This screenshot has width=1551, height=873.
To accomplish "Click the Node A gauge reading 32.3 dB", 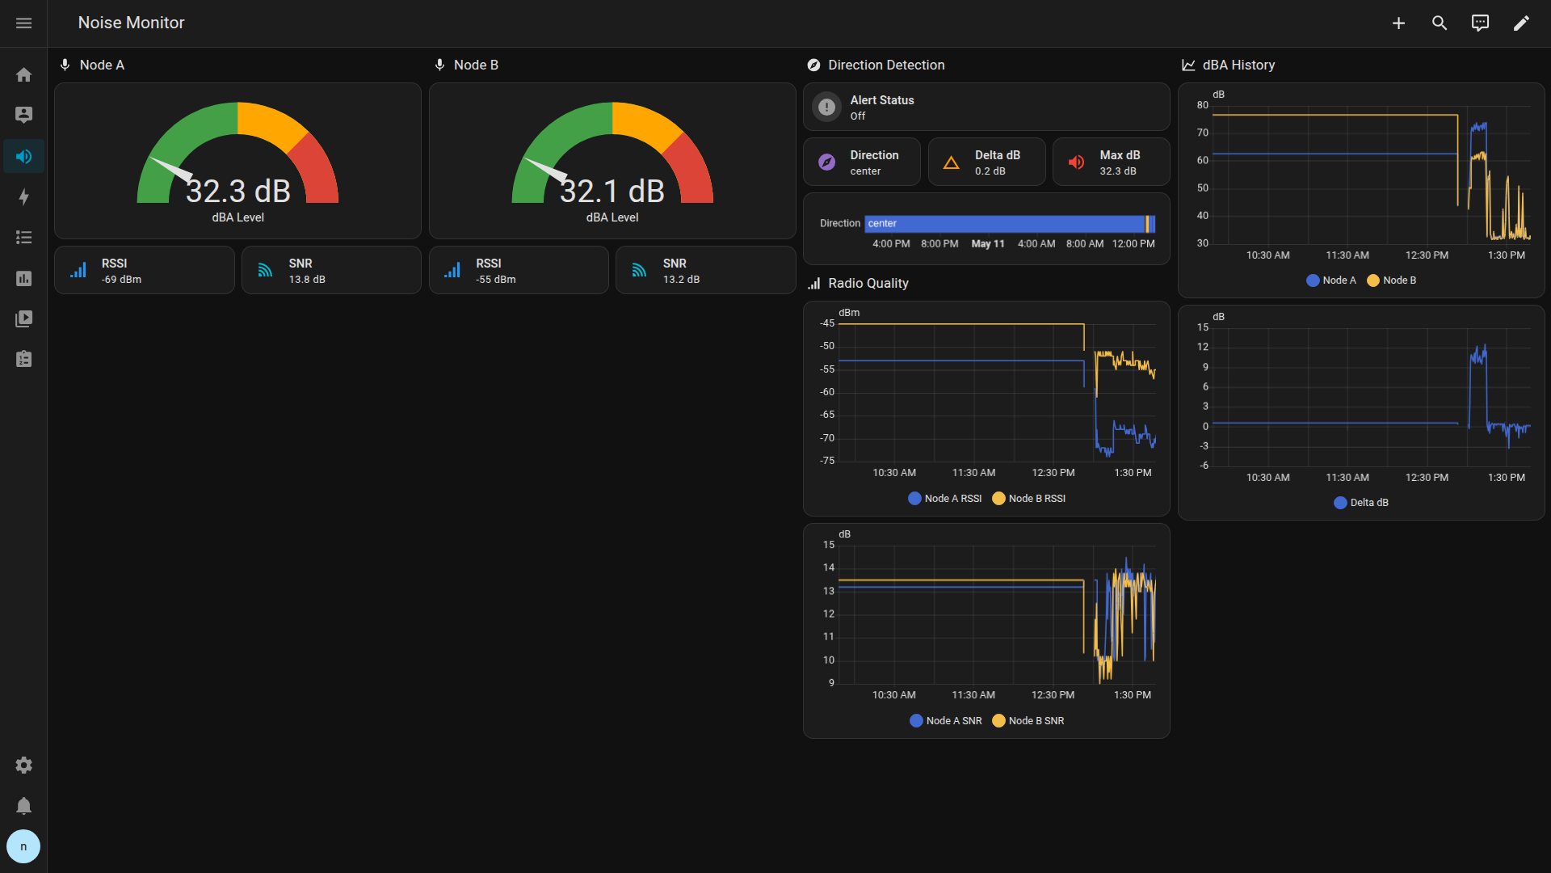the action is (238, 192).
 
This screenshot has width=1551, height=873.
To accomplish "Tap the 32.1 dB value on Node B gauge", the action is (612, 192).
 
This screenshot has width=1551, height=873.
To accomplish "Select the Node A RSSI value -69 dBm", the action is (121, 280).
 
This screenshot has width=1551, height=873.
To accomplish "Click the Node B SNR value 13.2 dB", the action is (682, 280).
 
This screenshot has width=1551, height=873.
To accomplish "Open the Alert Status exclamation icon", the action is (826, 107).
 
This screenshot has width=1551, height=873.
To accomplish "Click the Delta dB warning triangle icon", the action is (952, 162).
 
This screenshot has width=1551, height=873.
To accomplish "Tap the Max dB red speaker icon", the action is (1076, 162).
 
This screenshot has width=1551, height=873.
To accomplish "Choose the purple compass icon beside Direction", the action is (826, 162).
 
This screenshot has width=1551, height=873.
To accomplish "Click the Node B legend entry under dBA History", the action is (1391, 280).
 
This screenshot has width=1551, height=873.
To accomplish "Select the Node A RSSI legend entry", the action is (945, 499).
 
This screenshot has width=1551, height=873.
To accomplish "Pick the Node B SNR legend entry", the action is (1028, 721).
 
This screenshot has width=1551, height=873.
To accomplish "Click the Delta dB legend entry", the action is (1361, 503).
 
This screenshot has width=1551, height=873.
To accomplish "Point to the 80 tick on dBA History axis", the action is (1203, 105).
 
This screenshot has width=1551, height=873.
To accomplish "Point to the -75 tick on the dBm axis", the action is (827, 461).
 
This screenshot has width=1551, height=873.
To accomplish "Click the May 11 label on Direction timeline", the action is (988, 244).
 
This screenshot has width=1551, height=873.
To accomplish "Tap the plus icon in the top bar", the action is (1398, 23).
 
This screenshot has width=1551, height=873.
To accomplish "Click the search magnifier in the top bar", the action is (1440, 23).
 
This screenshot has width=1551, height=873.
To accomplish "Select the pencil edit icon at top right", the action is (1521, 23).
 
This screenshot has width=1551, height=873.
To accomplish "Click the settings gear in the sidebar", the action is (24, 765).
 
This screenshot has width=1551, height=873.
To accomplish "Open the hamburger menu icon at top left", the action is (24, 23).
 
